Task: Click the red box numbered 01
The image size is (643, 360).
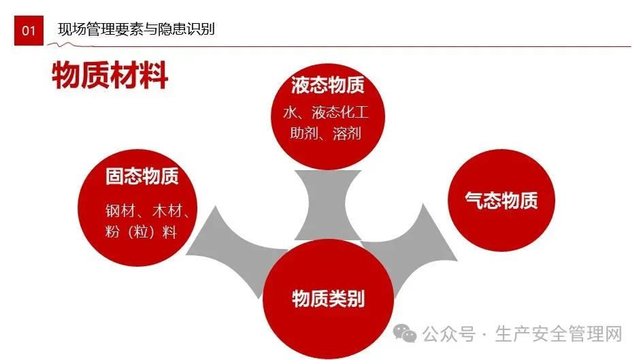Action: click(29, 31)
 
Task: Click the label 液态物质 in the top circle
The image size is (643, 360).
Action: click(328, 85)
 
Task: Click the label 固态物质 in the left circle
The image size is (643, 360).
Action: click(142, 177)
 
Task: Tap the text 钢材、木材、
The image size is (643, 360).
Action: click(147, 210)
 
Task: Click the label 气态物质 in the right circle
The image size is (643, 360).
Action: click(501, 200)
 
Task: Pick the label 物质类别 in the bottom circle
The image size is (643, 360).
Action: click(328, 298)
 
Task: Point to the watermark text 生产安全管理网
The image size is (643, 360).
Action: click(559, 334)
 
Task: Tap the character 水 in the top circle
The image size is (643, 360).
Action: click(289, 112)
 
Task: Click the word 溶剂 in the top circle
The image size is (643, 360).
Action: click(347, 133)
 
